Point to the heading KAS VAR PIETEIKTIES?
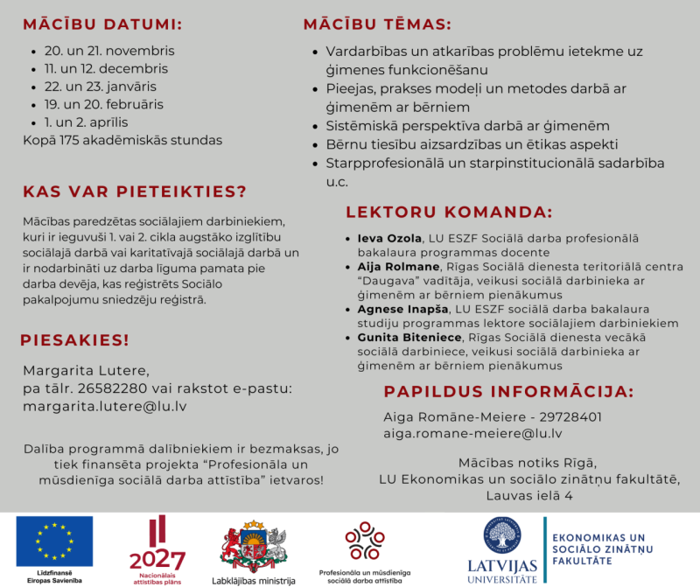(135, 192)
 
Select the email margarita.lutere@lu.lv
(104, 406)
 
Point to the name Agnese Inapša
(403, 310)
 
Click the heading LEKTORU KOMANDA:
(449, 212)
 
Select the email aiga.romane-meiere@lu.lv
(472, 433)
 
